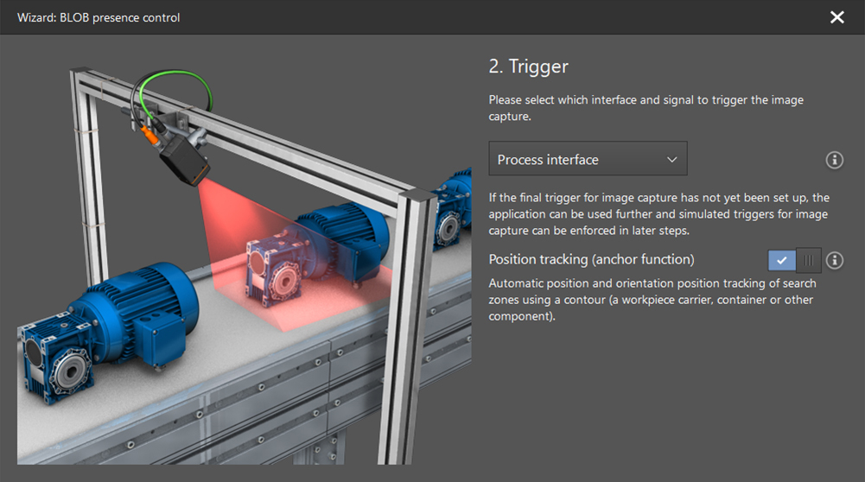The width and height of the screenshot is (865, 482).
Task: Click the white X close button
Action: point(836,17)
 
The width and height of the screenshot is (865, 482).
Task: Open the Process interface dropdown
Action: point(588,159)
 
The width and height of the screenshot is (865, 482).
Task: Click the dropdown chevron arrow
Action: point(672,160)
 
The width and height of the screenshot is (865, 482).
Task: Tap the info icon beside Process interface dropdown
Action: point(834,160)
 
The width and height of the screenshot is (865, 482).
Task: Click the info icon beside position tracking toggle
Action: point(834,260)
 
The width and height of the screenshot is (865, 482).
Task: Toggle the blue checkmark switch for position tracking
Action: point(794,260)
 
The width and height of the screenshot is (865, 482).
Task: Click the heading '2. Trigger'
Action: point(528,67)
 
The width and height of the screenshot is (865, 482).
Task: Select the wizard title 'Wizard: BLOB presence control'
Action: point(99,17)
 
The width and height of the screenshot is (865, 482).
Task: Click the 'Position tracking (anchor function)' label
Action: point(591,259)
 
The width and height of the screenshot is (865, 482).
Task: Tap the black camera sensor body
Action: point(184,162)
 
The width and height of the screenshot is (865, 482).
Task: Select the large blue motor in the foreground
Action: point(132,314)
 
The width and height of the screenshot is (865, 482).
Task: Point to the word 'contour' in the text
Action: point(584,300)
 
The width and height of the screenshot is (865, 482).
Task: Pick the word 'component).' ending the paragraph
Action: point(522,316)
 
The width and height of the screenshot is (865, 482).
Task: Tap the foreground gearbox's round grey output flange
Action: point(72,371)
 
